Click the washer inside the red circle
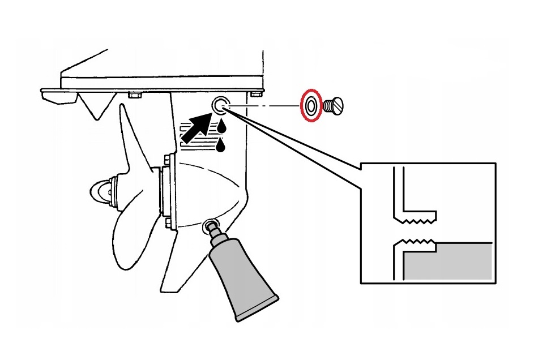pos(310,105)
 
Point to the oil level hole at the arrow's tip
pos(220,104)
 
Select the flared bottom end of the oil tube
pos(258,308)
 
